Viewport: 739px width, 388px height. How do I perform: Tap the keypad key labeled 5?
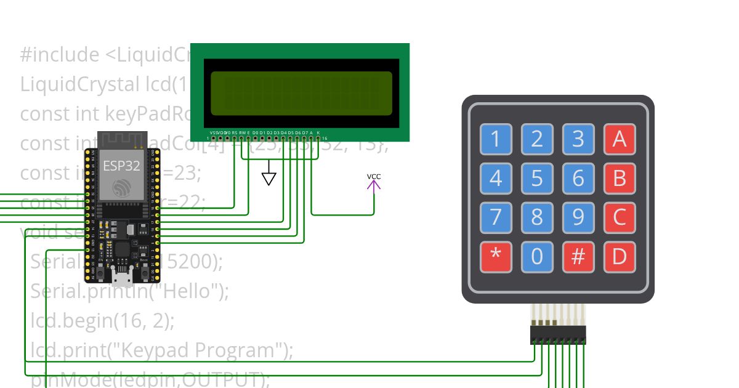537,179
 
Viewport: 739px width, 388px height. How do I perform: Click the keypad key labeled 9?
578,217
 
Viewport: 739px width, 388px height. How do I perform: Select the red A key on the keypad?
619,140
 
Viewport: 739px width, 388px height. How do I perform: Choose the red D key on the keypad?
619,257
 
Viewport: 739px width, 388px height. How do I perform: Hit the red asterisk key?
496,257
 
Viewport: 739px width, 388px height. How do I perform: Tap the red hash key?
578,257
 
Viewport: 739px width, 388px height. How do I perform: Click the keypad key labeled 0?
537,257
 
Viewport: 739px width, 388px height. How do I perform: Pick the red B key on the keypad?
619,179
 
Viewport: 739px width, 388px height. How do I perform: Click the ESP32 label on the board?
121,166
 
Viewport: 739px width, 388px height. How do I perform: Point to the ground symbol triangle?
269,179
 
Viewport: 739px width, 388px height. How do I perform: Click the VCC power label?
374,177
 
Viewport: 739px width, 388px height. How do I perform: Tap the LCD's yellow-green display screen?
301,93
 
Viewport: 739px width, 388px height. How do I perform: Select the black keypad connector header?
558,336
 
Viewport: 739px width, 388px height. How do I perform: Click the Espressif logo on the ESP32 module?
121,188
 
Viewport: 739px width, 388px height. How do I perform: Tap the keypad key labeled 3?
578,140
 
